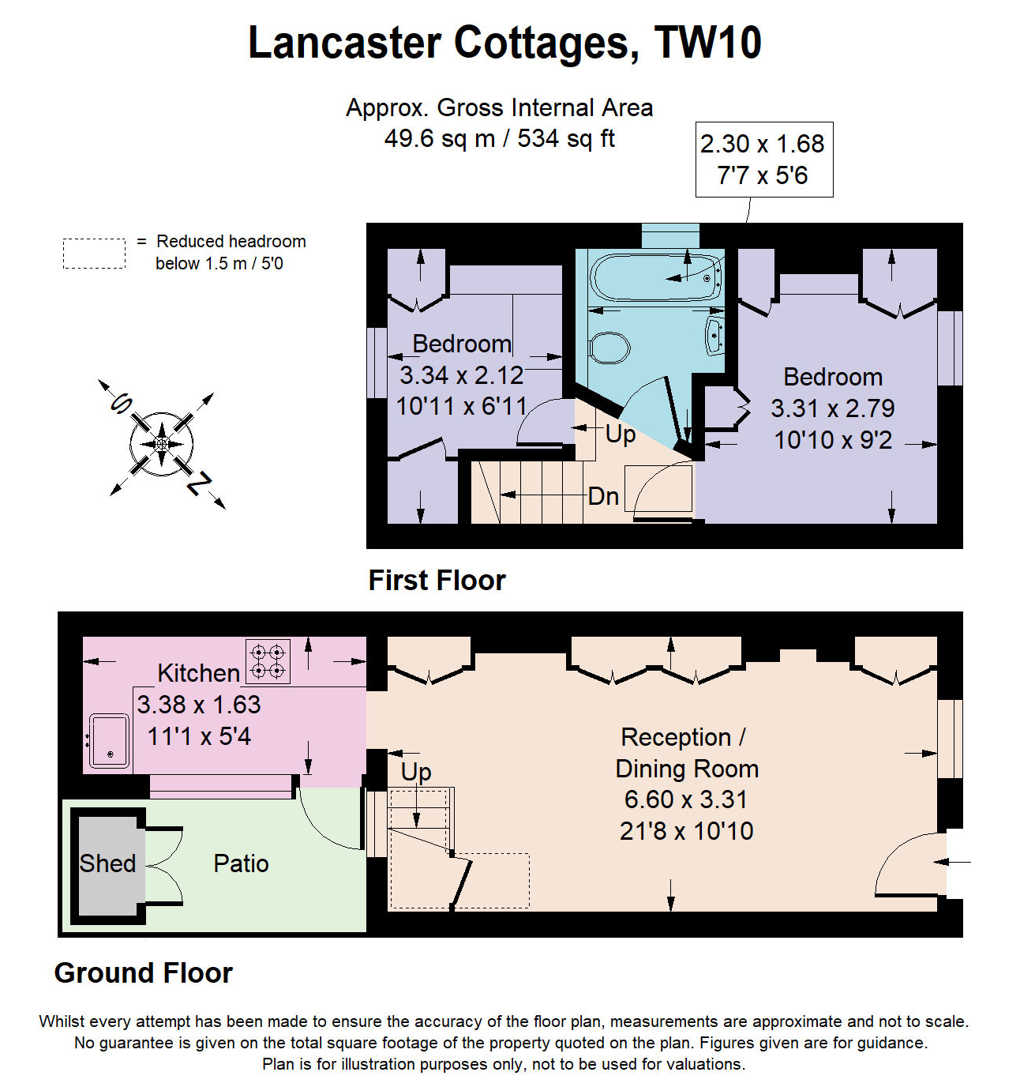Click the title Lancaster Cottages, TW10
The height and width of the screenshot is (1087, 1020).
[504, 43]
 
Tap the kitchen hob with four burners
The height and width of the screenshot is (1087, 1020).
[268, 661]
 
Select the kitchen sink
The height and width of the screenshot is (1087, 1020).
[109, 741]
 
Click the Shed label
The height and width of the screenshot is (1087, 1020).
[107, 863]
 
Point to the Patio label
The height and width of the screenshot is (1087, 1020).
[241, 863]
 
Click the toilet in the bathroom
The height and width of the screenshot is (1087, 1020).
[609, 348]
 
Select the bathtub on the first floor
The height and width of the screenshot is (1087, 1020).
[656, 276]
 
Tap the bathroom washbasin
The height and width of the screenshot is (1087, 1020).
[714, 336]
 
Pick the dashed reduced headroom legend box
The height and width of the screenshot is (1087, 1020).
[94, 254]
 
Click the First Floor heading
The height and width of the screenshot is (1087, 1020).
[437, 581]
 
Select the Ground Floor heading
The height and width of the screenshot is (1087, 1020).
[143, 973]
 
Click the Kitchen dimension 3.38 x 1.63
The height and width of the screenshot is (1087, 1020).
[199, 705]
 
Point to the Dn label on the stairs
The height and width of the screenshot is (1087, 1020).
[603, 496]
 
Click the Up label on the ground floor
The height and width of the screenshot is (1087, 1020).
[416, 771]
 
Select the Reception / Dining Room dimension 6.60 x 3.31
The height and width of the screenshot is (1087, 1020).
[685, 799]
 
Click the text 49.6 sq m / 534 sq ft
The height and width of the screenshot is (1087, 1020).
[499, 139]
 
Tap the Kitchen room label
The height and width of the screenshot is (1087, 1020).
[198, 673]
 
